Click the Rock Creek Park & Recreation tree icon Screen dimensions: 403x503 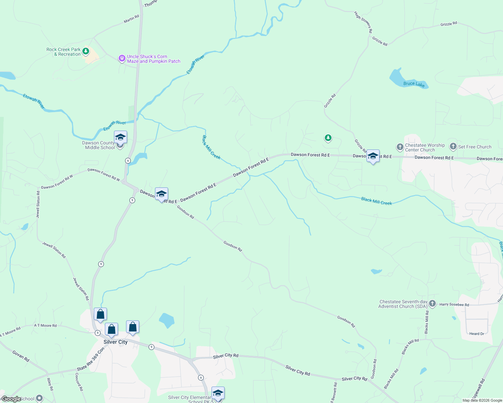tap(86, 51)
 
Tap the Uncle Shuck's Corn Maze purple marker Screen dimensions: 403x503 tap(122, 59)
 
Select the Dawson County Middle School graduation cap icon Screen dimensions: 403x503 tap(120, 138)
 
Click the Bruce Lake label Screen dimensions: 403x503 tap(414, 84)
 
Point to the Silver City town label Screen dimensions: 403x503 tap(115, 342)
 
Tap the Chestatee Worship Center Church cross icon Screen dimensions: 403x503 tap(400, 147)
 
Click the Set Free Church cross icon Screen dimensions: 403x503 tap(453, 146)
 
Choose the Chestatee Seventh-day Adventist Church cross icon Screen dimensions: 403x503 tap(432, 304)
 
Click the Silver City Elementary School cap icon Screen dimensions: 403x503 tap(218, 393)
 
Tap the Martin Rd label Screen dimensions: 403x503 tap(131, 19)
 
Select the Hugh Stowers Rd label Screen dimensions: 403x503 tap(363, 22)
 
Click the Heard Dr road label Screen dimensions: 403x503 tap(476, 333)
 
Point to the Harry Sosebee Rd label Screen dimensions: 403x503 tap(454, 305)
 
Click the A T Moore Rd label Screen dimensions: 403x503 tap(45, 325)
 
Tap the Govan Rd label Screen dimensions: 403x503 tap(21, 356)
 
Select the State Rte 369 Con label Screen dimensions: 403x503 tap(90, 359)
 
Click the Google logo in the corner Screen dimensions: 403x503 tap(11, 399)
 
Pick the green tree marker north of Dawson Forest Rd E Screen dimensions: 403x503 tap(328, 138)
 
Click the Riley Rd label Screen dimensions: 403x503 tap(50, 384)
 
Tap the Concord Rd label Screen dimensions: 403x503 tap(79, 382)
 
